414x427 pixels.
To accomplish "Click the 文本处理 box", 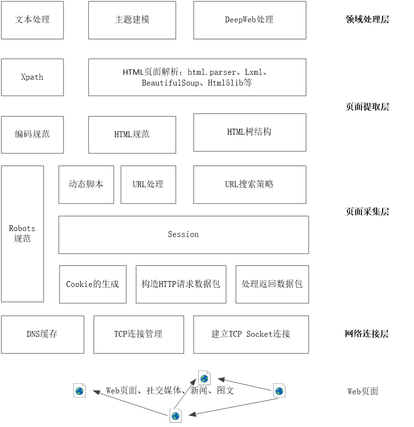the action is [x=32, y=20].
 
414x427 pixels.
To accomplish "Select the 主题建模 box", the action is [x=132, y=20].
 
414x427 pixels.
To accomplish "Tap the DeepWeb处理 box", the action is [x=250, y=20].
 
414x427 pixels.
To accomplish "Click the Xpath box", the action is [x=32, y=77].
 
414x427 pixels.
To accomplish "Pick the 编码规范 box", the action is [x=32, y=135].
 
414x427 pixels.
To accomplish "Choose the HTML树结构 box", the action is [x=250, y=133].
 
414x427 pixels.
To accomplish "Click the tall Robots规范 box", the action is [x=22, y=234].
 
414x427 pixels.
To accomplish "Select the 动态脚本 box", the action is [x=86, y=185].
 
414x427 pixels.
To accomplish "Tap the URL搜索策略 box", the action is [x=250, y=185].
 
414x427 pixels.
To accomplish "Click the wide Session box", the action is [x=184, y=235].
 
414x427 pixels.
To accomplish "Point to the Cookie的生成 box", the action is [x=93, y=285].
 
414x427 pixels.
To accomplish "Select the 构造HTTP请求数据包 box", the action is [x=181, y=285].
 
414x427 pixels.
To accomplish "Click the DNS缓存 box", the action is [x=42, y=335].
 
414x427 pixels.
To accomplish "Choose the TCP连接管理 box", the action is [x=139, y=335].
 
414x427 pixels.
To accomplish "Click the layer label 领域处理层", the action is [x=367, y=20].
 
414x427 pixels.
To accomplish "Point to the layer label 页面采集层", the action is [x=367, y=212].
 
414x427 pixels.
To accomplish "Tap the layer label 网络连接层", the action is [x=367, y=334].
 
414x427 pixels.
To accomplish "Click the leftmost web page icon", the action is [x=80, y=391].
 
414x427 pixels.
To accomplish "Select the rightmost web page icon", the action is [x=279, y=391].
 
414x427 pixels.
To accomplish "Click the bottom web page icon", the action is [x=176, y=416].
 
